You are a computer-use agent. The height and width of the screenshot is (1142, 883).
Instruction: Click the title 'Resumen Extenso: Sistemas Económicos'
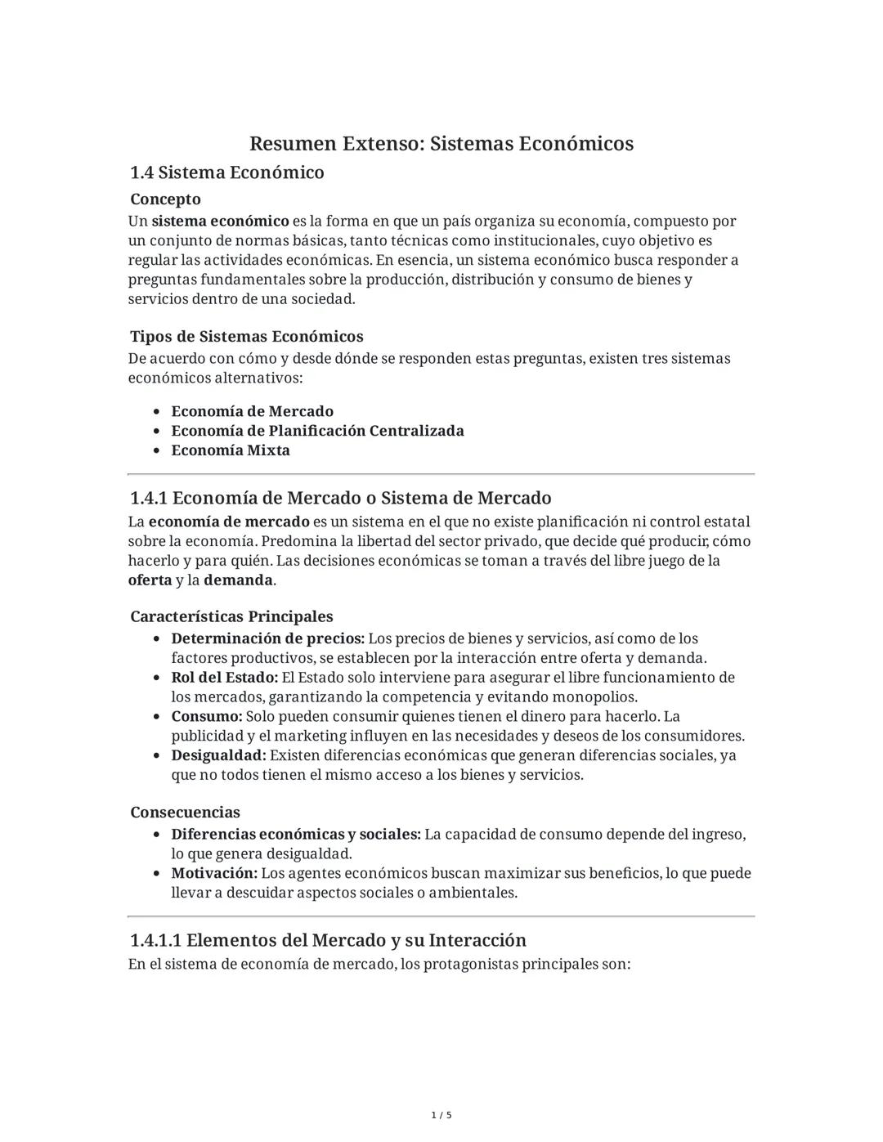click(441, 144)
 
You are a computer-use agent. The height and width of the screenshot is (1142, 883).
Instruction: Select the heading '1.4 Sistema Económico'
click(226, 172)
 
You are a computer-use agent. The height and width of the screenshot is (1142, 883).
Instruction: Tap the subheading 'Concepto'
click(165, 199)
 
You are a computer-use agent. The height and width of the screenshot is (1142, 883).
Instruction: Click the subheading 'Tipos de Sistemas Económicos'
click(246, 337)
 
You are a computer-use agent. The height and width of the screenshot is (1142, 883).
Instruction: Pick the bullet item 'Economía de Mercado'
click(252, 411)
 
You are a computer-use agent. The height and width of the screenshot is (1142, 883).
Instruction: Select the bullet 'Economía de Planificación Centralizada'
click(317, 431)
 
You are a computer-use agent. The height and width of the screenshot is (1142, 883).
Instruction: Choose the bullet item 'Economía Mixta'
click(231, 450)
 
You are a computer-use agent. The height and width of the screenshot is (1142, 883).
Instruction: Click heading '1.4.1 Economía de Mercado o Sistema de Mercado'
click(340, 498)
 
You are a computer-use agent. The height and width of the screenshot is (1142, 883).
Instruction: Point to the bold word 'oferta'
click(150, 580)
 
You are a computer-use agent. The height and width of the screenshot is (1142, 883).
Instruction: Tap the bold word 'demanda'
click(238, 580)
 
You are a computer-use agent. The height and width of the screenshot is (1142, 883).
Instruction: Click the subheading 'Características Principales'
click(231, 616)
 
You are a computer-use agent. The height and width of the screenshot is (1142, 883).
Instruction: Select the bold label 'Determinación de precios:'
click(267, 638)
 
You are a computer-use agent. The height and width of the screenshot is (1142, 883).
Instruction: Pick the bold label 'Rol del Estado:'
click(225, 678)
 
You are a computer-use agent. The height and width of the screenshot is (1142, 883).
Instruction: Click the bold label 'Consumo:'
click(207, 717)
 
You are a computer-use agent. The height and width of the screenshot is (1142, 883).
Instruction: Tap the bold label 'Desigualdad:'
click(218, 755)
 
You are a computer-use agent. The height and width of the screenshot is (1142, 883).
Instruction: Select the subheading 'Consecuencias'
click(185, 813)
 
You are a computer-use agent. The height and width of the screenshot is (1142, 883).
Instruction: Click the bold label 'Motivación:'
click(214, 873)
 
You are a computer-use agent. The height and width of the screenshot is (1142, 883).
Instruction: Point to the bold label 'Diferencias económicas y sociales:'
click(296, 835)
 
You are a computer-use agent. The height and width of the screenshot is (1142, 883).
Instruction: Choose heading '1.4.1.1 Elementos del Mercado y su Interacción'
click(328, 940)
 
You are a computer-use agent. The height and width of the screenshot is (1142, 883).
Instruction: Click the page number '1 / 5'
click(441, 1115)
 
